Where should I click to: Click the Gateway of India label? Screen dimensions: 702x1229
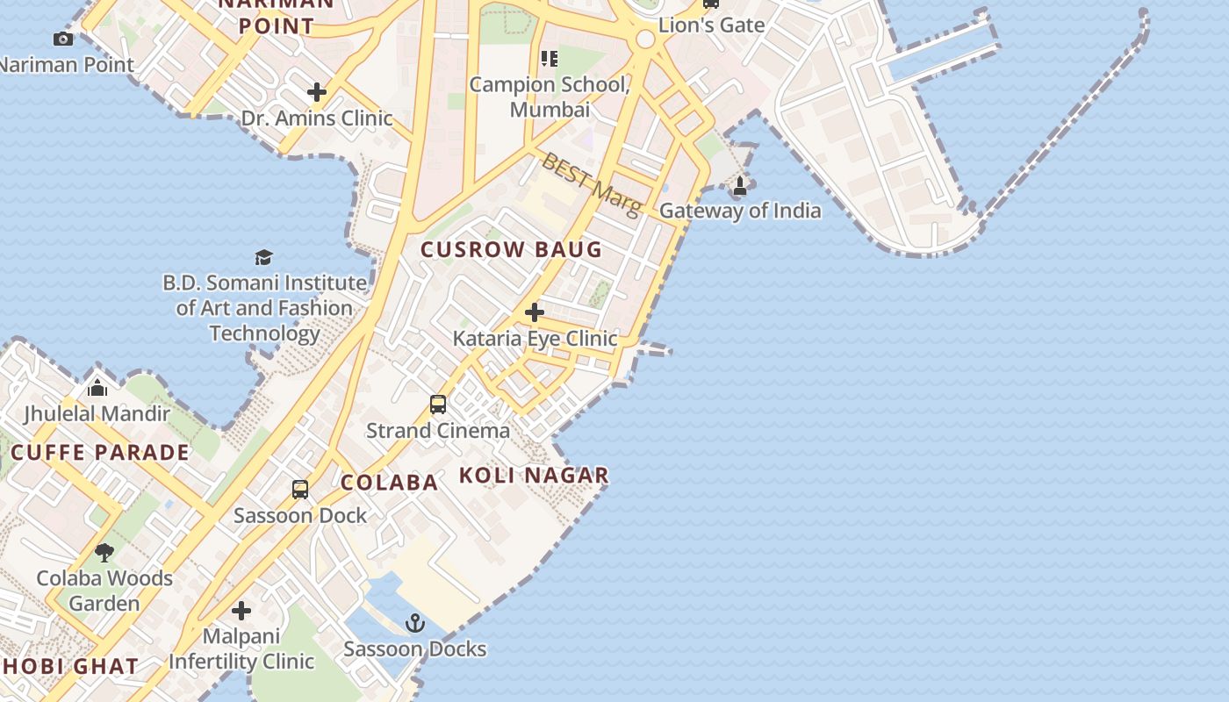point(740,211)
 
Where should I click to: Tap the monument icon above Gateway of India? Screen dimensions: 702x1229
point(740,186)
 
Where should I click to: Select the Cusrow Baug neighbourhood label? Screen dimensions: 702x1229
point(511,250)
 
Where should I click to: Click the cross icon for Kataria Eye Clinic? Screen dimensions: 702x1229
point(534,312)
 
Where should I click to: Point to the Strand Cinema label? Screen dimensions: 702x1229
point(437,431)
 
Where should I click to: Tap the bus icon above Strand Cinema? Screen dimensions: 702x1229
point(438,405)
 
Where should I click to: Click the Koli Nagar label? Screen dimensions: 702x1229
point(534,476)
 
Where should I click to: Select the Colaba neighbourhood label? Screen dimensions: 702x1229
point(389,483)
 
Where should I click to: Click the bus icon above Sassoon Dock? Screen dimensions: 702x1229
point(300,490)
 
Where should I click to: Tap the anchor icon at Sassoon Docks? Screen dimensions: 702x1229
point(415,624)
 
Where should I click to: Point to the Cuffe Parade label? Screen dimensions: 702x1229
point(100,453)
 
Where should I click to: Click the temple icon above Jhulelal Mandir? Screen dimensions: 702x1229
point(97,387)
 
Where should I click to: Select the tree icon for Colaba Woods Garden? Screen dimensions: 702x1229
point(104,553)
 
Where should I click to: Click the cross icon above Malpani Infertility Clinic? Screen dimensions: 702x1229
point(241,611)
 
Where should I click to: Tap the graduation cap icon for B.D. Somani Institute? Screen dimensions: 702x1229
point(263,257)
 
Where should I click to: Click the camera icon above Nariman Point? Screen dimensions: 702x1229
point(63,39)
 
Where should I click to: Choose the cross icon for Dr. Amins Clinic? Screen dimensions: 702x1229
point(317,92)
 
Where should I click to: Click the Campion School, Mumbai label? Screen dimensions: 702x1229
point(550,97)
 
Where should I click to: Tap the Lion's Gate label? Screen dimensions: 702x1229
point(711,25)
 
